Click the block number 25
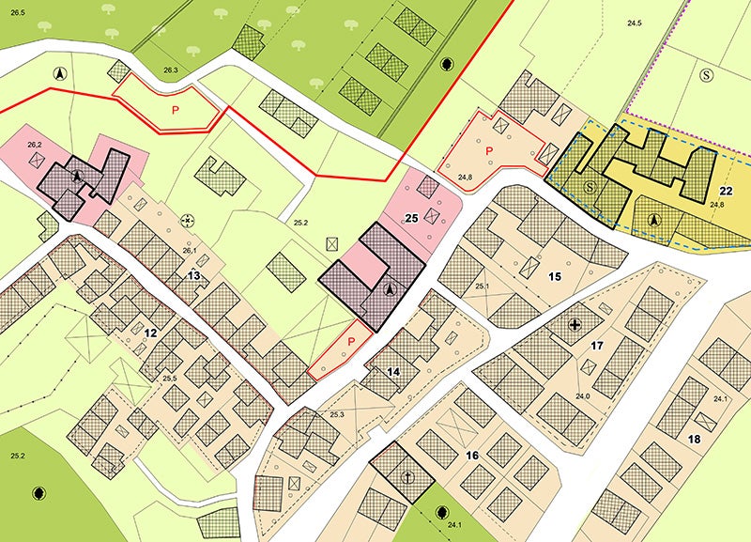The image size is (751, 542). [x=410, y=217]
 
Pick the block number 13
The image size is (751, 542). [x=193, y=275]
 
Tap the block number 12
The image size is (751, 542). [x=149, y=333]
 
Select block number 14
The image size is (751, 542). [x=393, y=372]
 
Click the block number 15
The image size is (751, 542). [x=555, y=276]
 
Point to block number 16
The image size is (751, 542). [x=472, y=456]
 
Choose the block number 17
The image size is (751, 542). [x=596, y=347]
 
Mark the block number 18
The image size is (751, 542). [x=694, y=439]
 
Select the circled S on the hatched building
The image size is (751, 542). [x=590, y=188]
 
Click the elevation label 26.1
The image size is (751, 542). [x=188, y=251]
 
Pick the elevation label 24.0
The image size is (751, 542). [x=582, y=396]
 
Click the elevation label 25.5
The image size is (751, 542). [x=170, y=378]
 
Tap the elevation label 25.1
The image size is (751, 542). [x=483, y=286]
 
